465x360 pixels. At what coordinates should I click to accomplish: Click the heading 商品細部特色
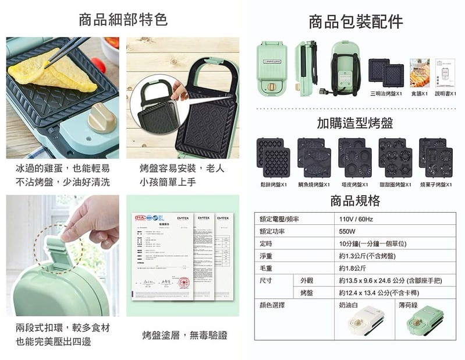123,20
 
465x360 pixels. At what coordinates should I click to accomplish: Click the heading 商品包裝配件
356,22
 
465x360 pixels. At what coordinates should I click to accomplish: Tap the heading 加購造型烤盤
355,123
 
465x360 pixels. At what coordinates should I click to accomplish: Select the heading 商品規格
355,201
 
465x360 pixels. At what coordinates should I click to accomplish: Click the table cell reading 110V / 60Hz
356,220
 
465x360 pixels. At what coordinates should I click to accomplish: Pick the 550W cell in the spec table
347,231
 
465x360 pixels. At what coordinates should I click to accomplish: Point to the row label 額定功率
272,231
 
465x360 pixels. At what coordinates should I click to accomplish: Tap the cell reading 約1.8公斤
353,268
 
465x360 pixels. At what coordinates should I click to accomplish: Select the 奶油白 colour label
349,305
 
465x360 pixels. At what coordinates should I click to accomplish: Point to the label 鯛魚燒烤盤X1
314,184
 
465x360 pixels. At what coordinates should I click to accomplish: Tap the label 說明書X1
445,93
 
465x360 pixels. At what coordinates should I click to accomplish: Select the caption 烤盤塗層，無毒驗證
184,336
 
